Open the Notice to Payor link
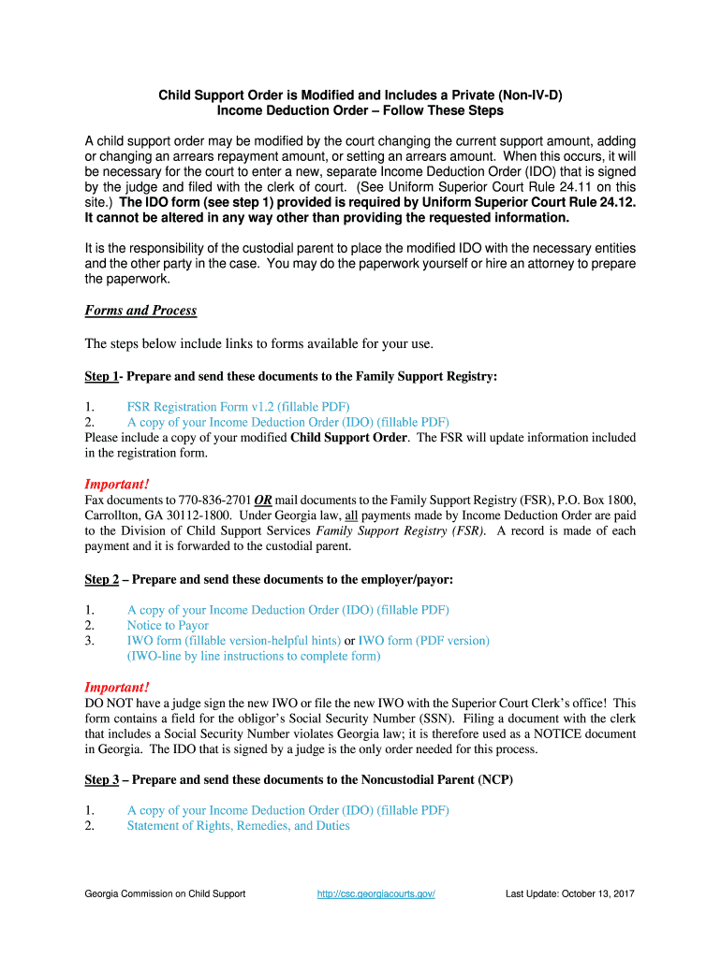[x=168, y=625]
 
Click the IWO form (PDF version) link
[x=424, y=641]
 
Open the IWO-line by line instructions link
[x=254, y=656]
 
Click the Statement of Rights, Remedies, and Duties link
[x=238, y=826]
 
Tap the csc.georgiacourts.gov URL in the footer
[x=376, y=893]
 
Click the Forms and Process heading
[x=140, y=311]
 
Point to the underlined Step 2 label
[x=101, y=580]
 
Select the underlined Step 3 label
[x=101, y=780]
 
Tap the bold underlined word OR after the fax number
[x=263, y=500]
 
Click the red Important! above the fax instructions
[x=117, y=484]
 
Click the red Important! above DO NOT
[x=117, y=687]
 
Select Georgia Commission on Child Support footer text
[x=165, y=893]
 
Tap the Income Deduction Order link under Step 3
[x=287, y=810]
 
